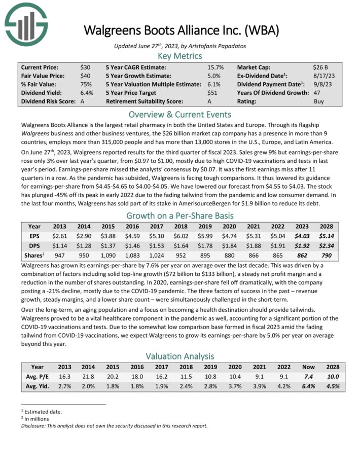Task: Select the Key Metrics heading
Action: pos(180,56)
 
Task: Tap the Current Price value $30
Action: pos(85,67)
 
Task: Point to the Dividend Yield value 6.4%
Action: pos(87,93)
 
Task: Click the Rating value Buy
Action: pos(319,101)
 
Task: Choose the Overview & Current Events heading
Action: pos(180,114)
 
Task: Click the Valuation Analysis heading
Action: pos(180,356)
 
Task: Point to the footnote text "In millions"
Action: pos(36,419)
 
